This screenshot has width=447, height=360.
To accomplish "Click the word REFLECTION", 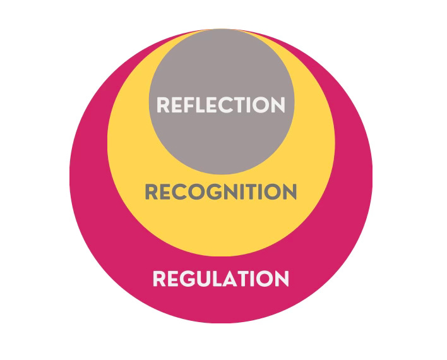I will tap(220, 105).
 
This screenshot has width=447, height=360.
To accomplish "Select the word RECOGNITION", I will tap(220, 191).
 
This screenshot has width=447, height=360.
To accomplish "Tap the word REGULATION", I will tap(220, 278).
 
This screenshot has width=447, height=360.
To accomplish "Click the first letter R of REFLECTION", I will tap(164, 105).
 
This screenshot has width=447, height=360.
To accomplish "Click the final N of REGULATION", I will tap(281, 278).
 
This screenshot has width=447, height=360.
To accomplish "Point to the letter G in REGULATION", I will tap(189, 278).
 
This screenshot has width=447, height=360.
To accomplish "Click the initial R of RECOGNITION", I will tap(152, 191).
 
